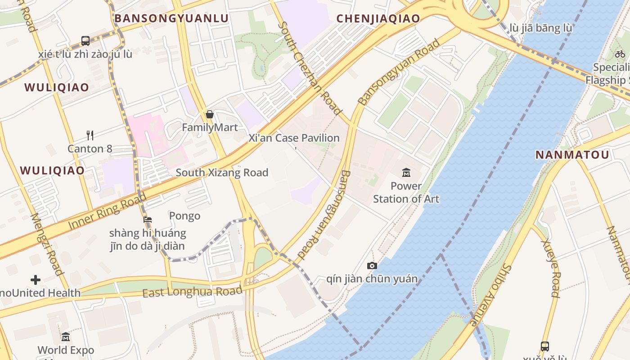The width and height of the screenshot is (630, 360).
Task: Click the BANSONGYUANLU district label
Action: [171, 18]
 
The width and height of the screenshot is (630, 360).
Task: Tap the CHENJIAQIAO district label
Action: [378, 18]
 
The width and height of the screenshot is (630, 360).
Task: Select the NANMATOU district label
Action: [572, 155]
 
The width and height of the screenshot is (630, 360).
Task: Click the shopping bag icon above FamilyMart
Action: [209, 114]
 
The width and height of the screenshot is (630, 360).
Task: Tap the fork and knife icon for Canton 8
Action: [90, 135]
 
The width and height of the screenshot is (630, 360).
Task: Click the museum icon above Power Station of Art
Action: [406, 172]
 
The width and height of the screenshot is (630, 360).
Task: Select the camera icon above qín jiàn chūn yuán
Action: [372, 265]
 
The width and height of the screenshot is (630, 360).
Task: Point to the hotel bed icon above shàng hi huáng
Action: [148, 220]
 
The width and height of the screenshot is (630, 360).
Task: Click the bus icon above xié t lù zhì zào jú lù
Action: [85, 41]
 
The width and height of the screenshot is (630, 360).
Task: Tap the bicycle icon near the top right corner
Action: [620, 54]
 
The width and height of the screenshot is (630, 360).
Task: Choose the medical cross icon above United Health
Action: [36, 280]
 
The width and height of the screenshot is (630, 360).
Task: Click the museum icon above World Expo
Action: [66, 337]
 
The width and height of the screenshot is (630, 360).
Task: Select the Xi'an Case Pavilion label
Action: [294, 138]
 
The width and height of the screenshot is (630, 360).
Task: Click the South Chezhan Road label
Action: [310, 67]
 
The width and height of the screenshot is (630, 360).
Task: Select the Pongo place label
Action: [184, 216]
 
